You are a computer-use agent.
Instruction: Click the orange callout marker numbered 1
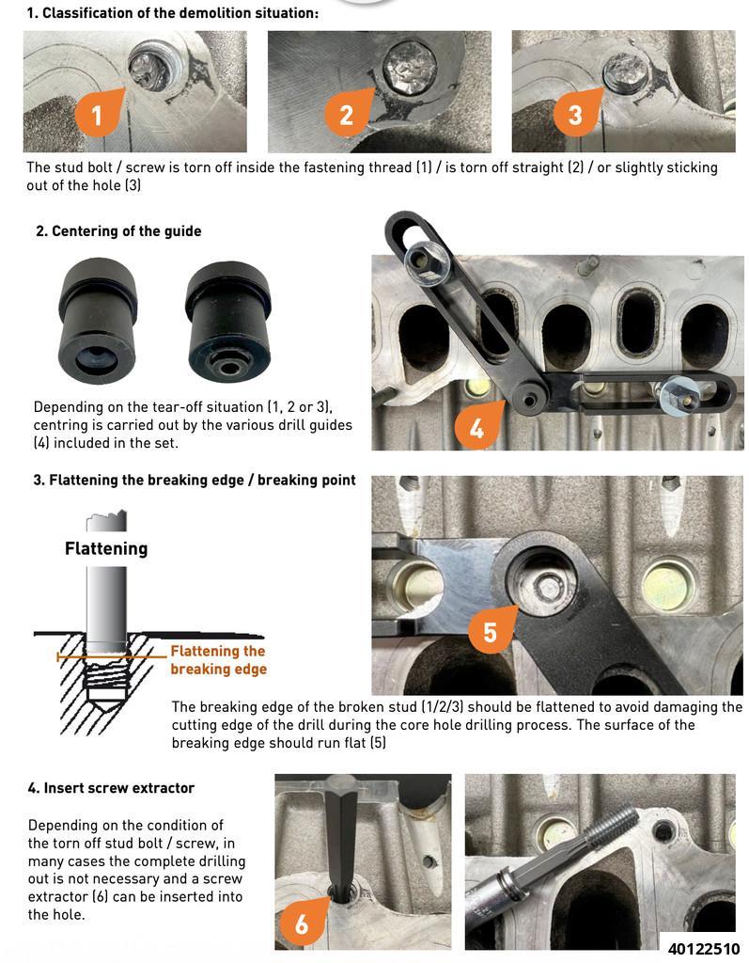[x=96, y=116]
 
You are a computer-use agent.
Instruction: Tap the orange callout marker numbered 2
[x=346, y=115]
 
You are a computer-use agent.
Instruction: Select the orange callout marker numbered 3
[x=574, y=115]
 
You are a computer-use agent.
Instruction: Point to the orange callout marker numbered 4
[x=476, y=428]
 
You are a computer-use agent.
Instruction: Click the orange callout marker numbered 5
[x=489, y=631]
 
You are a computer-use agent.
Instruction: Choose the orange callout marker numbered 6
[x=301, y=924]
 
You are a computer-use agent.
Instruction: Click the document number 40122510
[x=704, y=948]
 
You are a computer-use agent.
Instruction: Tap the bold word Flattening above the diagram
[x=106, y=548]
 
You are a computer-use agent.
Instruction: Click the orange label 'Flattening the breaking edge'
[x=218, y=660]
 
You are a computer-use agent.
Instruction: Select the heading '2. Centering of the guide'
[x=118, y=230]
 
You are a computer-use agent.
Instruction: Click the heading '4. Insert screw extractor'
[x=111, y=788]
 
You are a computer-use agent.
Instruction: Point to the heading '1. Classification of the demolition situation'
[x=172, y=13]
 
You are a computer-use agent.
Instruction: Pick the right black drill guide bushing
[x=229, y=318]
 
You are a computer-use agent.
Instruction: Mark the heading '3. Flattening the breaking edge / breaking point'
[x=194, y=480]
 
